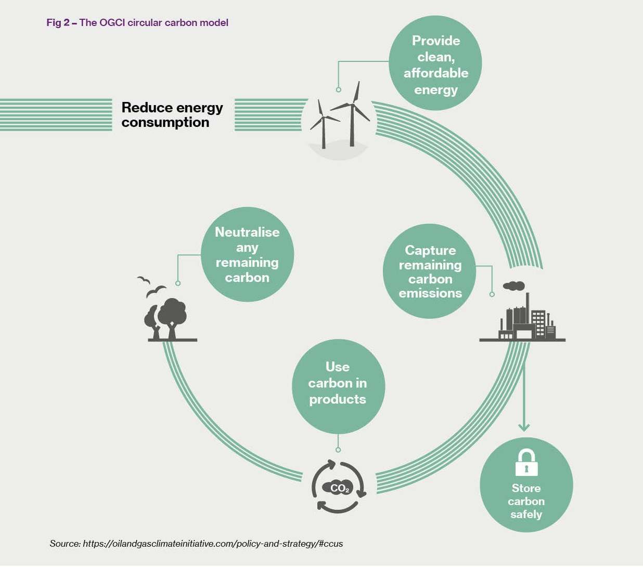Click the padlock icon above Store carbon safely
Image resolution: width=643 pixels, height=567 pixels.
tap(526, 462)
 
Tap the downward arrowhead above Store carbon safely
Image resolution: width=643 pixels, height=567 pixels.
tap(524, 427)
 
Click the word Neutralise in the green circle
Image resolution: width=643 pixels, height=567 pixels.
tap(247, 232)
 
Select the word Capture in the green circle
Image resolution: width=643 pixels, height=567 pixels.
tap(430, 250)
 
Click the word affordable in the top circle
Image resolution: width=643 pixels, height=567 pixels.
tap(436, 73)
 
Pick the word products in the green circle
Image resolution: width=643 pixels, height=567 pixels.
tap(338, 400)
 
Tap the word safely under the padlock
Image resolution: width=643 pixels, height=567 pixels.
tap(526, 514)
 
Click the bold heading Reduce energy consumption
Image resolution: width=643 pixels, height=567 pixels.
tap(172, 114)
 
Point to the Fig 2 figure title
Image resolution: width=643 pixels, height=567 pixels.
tap(137, 22)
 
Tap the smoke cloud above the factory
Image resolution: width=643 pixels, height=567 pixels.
tap(513, 286)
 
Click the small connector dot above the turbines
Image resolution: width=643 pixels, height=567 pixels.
tap(339, 89)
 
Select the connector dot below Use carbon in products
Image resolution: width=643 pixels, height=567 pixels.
tap(338, 449)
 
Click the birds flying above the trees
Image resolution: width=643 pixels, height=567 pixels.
tap(151, 287)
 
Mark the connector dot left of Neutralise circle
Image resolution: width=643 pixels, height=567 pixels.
tap(178, 283)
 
